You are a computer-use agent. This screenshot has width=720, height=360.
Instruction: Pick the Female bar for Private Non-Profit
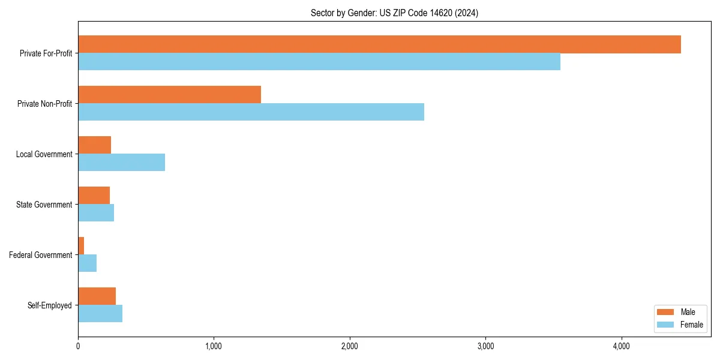coord(251,112)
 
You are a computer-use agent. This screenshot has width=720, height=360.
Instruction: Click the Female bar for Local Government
coord(121,163)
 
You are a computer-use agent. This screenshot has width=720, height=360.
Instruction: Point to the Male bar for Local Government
coord(94,145)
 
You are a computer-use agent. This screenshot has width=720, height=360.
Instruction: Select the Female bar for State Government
coord(96,213)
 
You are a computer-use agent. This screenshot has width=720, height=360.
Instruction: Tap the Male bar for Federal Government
coord(81,246)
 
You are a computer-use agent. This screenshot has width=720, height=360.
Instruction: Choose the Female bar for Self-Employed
coord(100,314)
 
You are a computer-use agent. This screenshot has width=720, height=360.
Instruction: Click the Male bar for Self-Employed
coord(97,296)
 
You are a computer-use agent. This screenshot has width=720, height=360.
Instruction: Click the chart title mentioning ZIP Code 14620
coord(394,13)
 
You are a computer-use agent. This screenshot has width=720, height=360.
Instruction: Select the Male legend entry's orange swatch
coord(665,312)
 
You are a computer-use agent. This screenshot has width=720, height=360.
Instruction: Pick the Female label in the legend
coord(692,325)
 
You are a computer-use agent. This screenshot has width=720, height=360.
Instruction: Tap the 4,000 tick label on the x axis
coord(621,346)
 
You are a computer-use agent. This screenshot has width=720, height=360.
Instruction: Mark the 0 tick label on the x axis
coord(78,346)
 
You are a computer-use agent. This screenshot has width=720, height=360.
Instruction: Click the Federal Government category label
coord(41,255)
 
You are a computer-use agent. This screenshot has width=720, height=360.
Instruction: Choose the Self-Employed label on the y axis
coord(50,305)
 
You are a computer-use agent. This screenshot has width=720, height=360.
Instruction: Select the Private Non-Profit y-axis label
coord(44,104)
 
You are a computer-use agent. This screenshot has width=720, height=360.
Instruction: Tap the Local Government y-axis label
coord(44,154)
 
